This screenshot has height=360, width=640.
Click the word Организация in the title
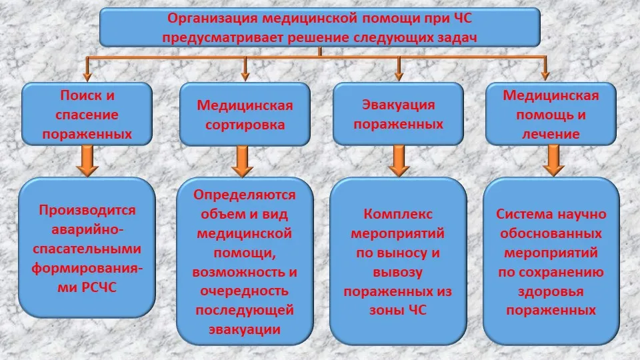[x=213, y=19]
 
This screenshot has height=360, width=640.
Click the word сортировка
[x=245, y=125]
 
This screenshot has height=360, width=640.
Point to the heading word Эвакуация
[x=399, y=105]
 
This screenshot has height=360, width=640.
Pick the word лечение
[x=551, y=134]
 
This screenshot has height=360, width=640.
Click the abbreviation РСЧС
[x=99, y=287]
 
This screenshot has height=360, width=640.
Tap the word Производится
[x=87, y=211]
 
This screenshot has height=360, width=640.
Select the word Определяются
[x=245, y=195]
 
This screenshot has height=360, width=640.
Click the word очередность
[x=245, y=291]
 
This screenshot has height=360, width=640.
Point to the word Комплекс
[x=398, y=214]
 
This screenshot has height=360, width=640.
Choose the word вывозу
[x=398, y=272]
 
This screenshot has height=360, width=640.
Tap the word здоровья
[x=551, y=292]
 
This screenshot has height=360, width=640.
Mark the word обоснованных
[x=551, y=233]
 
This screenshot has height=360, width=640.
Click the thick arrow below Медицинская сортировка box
[x=243, y=161]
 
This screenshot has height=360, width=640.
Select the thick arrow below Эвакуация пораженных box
[x=399, y=161]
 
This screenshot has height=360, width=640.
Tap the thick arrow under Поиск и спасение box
[x=87, y=161]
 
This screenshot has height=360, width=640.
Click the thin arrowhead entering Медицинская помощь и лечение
[x=545, y=76]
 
